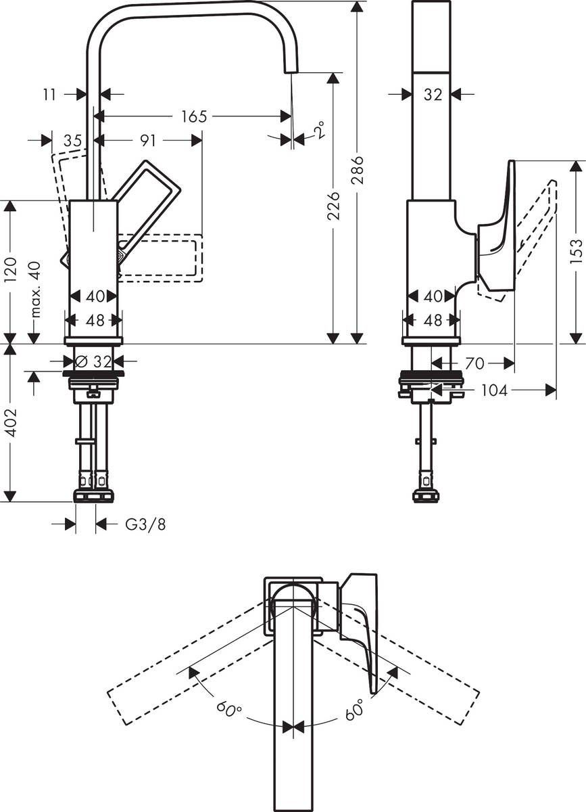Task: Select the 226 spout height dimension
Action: [333, 206]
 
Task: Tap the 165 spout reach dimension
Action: [193, 116]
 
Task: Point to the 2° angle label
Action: [318, 129]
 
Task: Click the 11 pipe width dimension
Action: [49, 95]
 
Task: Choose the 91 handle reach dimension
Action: [147, 140]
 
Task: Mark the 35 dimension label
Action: [72, 141]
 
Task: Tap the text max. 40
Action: [35, 290]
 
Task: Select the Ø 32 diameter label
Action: [95, 361]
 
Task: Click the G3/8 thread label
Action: [145, 524]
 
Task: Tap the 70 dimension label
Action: [474, 364]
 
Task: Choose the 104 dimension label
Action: [496, 390]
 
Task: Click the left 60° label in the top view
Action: [229, 710]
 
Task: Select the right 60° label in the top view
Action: [354, 710]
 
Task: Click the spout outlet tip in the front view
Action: [290, 68]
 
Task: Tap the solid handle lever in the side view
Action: [499, 230]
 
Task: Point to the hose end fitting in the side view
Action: [426, 495]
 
